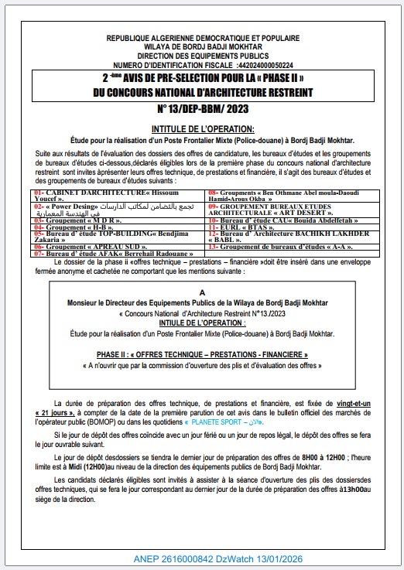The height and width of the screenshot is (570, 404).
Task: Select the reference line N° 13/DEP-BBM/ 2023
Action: pyautogui.click(x=201, y=108)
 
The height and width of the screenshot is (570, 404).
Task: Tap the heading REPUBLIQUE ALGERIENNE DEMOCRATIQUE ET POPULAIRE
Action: pyautogui.click(x=201, y=38)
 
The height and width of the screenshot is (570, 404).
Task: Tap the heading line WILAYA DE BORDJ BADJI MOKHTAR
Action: pyautogui.click(x=201, y=47)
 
